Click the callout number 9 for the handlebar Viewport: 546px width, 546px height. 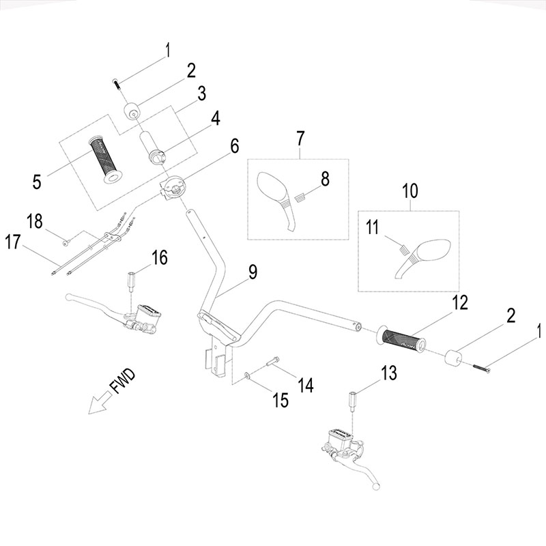(x=252, y=272)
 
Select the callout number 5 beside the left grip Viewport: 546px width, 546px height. (x=37, y=181)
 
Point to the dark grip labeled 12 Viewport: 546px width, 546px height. (x=403, y=340)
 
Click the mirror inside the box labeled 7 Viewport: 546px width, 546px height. (x=276, y=197)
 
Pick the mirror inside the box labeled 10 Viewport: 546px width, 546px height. (x=420, y=255)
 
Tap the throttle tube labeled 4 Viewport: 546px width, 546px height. (x=154, y=146)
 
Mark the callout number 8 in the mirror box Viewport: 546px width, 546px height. (x=325, y=179)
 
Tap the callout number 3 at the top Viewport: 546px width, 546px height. (x=201, y=94)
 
